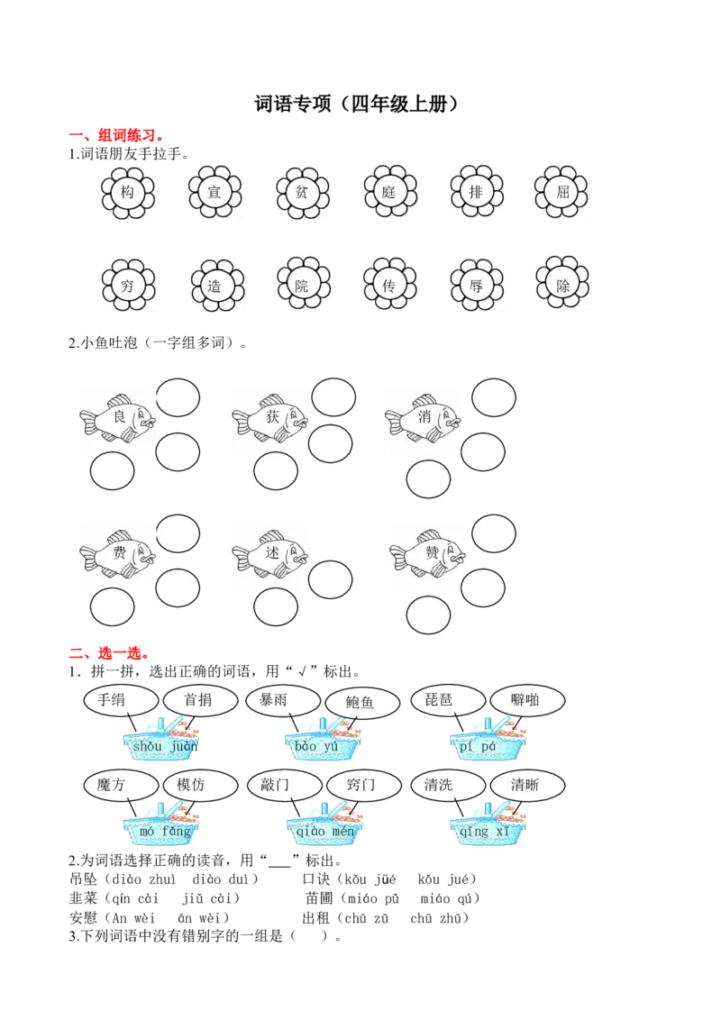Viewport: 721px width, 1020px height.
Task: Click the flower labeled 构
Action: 128,192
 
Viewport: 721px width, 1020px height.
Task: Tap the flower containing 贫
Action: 302,192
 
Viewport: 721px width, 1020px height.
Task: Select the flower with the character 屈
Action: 562,192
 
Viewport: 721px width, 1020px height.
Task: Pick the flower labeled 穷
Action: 128,286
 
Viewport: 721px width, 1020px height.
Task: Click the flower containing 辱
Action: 477,285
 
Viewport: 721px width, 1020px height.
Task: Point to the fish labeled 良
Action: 118,419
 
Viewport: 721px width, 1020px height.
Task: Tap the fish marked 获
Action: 270,419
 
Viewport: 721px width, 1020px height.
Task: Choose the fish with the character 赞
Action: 427,554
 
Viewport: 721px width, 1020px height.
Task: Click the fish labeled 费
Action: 118,554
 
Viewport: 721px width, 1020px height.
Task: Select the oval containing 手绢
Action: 121,701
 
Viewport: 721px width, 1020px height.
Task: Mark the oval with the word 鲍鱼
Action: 361,703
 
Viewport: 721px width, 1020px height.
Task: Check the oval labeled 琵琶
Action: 448,701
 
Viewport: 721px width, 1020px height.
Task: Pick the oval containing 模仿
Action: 200,786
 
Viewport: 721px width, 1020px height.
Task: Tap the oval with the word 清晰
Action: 527,786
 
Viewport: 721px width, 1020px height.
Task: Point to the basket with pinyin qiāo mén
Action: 325,824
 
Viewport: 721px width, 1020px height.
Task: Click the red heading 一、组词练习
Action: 117,135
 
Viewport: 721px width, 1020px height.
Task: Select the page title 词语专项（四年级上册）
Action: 357,105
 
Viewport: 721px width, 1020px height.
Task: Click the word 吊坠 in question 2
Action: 83,879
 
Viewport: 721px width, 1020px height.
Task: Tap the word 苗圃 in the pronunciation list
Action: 319,898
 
